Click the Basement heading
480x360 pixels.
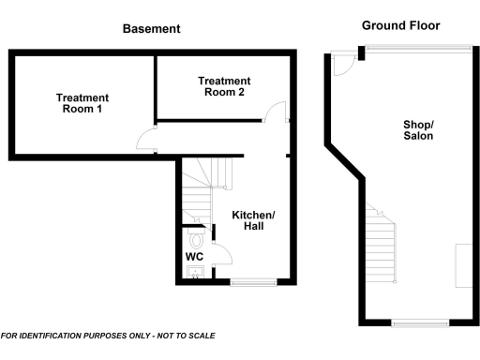tap(151, 29)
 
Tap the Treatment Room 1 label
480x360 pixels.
tap(82, 103)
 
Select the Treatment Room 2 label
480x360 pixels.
tap(221, 86)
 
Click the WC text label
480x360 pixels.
tap(194, 256)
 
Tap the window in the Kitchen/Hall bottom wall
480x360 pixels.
tap(253, 282)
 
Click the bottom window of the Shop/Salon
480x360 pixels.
tap(418, 323)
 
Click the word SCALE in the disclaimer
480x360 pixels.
tap(200, 336)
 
